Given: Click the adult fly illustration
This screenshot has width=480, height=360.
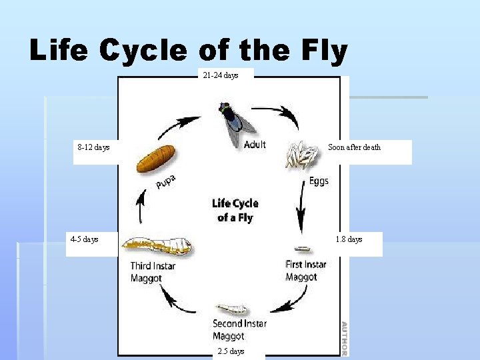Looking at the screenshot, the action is point(235,123).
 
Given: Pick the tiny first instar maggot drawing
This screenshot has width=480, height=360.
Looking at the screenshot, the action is point(303,249).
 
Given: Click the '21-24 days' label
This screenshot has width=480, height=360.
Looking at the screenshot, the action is point(221,75).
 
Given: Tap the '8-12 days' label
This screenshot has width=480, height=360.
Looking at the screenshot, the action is point(93,147).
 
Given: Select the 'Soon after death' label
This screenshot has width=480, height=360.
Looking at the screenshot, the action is point(354,147).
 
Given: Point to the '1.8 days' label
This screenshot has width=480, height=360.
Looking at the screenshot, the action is point(349,239).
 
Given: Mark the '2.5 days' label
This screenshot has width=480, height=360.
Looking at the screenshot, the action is point(231,351).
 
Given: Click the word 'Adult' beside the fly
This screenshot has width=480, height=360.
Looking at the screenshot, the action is point(255,145).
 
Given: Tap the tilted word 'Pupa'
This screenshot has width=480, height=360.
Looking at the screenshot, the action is point(167,181).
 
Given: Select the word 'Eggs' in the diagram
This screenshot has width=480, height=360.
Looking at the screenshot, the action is point(319,181).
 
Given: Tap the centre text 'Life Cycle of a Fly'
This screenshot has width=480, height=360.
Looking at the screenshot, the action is point(235,211).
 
